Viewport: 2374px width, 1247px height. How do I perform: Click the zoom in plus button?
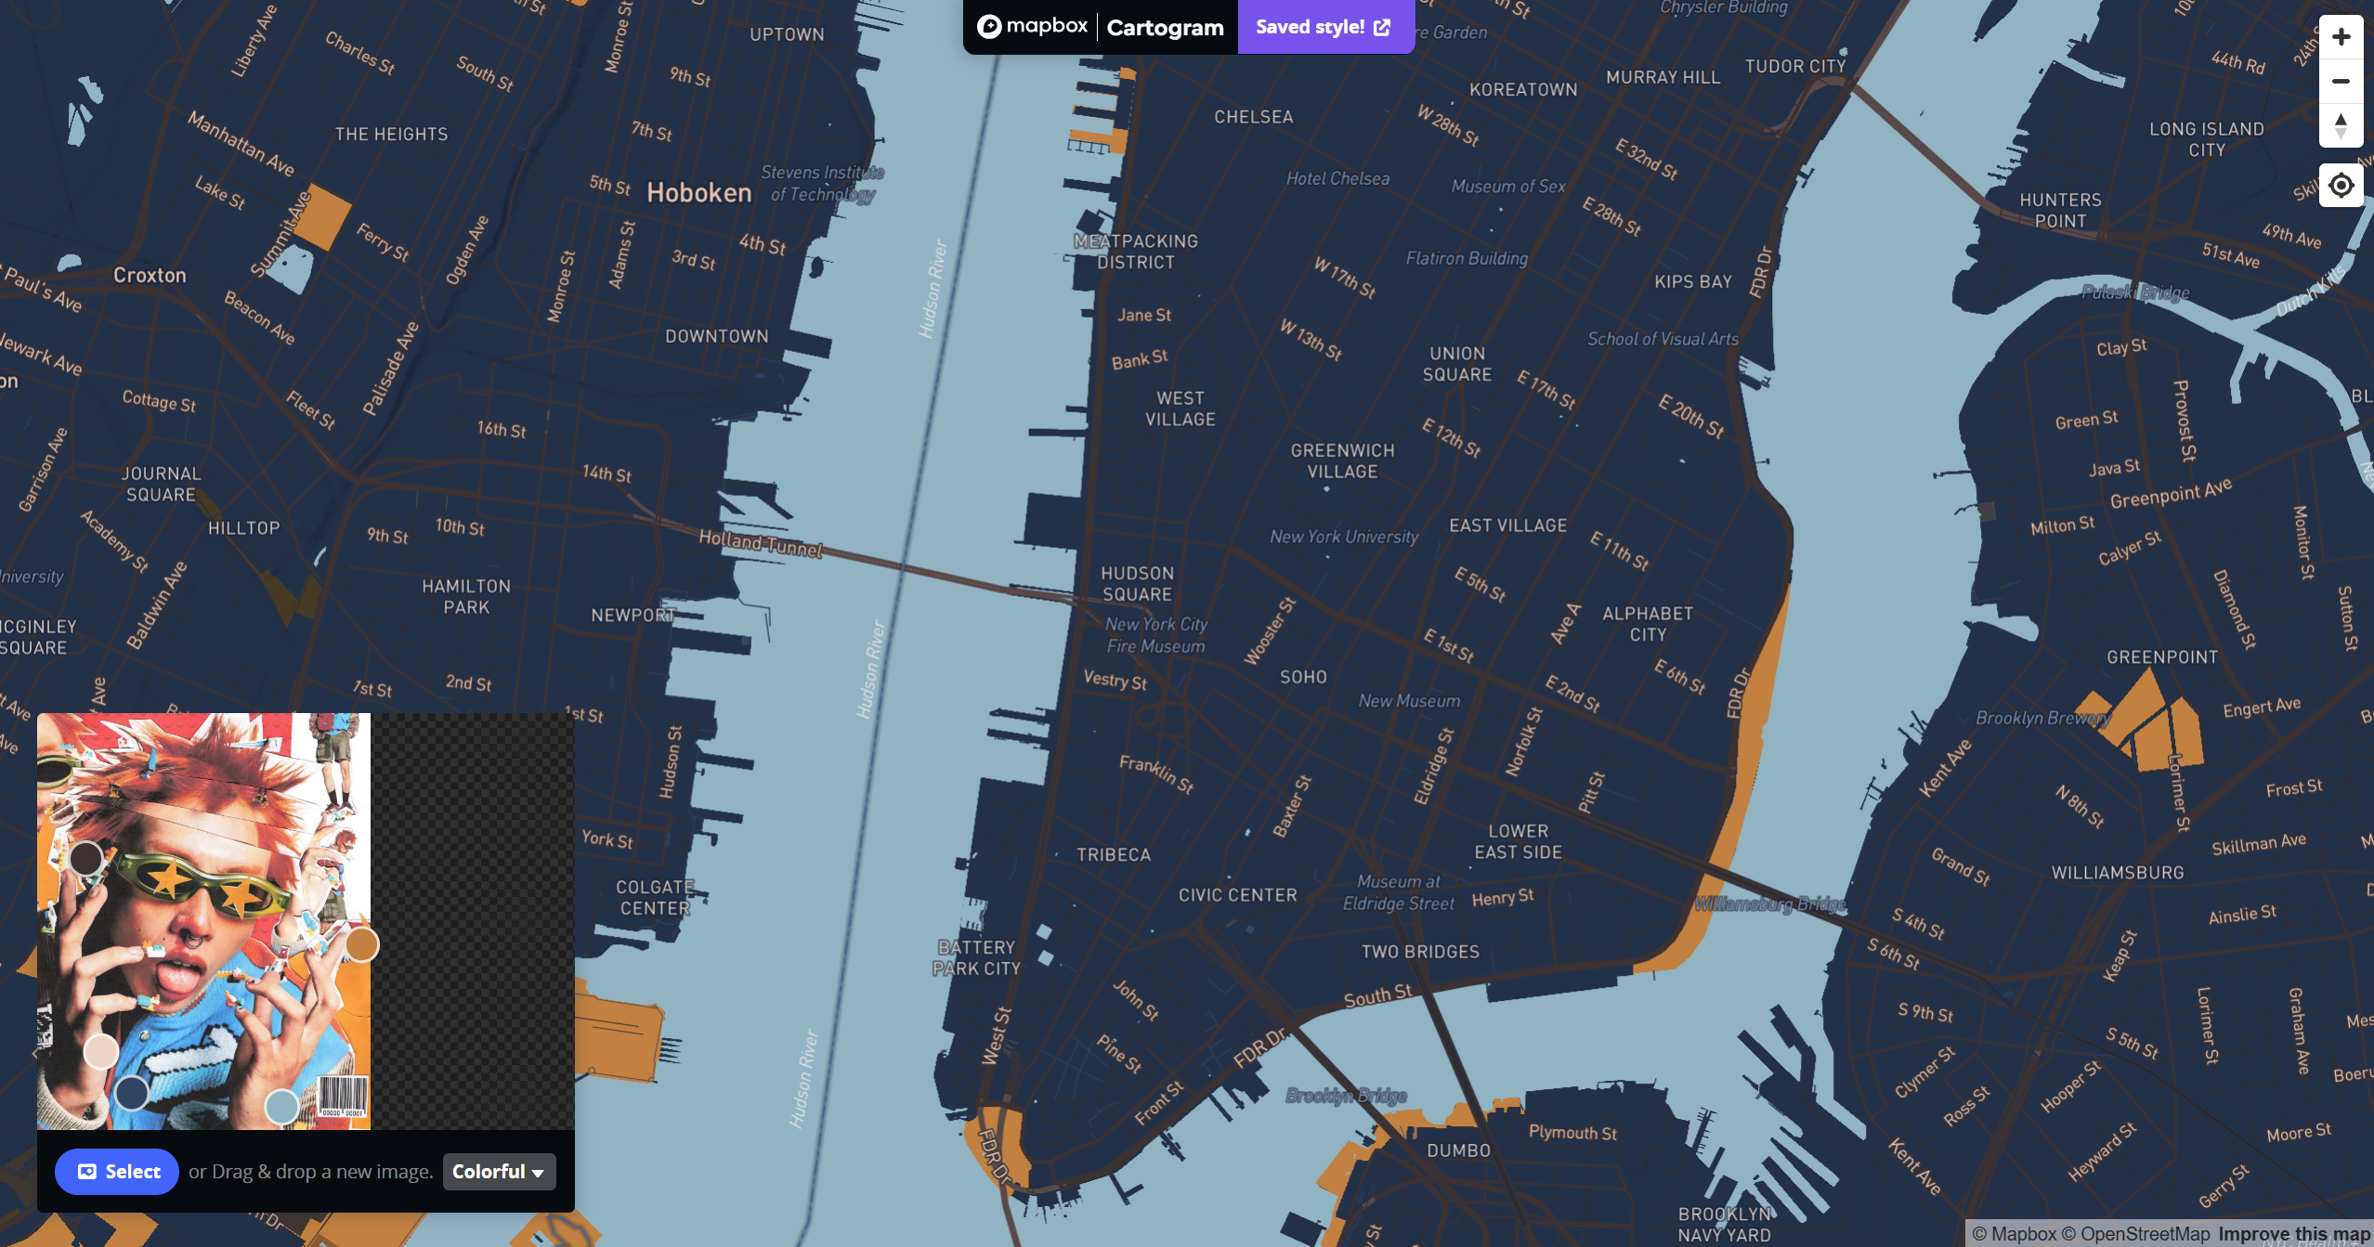2341,37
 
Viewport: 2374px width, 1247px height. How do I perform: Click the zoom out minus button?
2341,82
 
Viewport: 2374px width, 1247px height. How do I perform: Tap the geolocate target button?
2341,186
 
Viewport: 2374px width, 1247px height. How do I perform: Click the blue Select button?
117,1172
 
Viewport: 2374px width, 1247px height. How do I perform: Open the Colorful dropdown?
499,1172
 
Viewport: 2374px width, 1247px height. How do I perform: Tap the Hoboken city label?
699,193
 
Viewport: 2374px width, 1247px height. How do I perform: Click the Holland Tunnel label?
761,543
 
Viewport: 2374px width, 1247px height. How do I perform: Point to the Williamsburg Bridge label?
1770,904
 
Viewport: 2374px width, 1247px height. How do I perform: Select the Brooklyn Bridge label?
1346,1096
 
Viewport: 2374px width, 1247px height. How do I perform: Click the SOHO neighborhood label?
1303,678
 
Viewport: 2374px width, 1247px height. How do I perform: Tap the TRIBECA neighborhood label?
1114,855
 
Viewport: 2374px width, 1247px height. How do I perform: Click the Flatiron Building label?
1467,259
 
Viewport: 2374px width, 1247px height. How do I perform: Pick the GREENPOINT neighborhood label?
2162,657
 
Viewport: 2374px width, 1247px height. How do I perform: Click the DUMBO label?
1458,1150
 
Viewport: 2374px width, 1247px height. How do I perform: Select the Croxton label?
150,276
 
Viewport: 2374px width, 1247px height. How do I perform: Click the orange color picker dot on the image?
362,945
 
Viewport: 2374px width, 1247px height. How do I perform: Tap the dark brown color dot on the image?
86,858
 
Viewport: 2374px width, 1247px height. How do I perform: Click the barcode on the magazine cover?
343,1096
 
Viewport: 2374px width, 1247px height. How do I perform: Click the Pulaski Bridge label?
2135,292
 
